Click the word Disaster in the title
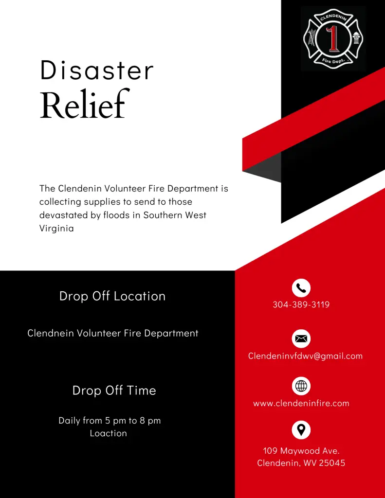coord(97,71)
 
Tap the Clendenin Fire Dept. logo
coord(333,39)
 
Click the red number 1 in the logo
coord(333,39)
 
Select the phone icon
coord(301,288)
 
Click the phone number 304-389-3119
coord(301,305)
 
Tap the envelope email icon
coord(301,338)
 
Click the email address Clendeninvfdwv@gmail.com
coord(305,356)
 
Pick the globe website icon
coord(301,386)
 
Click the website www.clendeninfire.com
coord(301,403)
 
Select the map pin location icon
coord(301,430)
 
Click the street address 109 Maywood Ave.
coord(301,451)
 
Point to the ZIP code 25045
coord(332,463)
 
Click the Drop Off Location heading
coord(112,296)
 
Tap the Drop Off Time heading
coord(114,391)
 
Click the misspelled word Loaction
coord(108,433)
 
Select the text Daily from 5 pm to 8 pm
coord(110,421)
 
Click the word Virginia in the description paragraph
coord(56,228)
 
